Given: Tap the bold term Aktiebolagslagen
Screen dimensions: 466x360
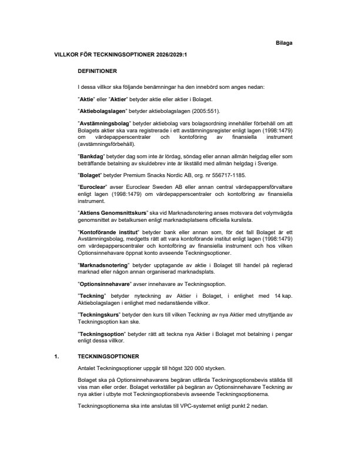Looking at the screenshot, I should pos(100,111).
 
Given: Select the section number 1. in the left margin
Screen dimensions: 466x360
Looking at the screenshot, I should pos(56,357).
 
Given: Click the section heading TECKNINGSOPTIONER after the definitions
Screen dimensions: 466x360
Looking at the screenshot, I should pos(108,357).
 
